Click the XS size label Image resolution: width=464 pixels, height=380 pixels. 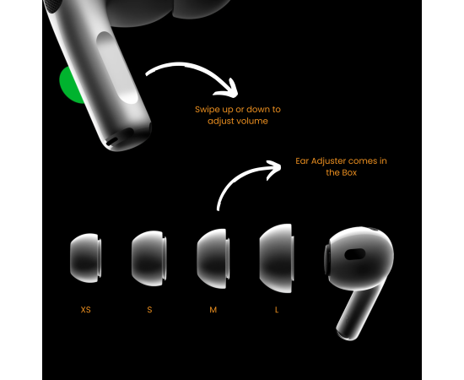click(x=85, y=310)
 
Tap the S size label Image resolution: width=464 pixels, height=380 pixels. click(x=149, y=310)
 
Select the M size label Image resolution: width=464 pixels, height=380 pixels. click(x=213, y=310)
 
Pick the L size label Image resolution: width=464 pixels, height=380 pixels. click(x=277, y=310)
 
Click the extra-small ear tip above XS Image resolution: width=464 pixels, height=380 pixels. click(x=85, y=258)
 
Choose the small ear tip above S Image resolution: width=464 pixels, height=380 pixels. click(x=148, y=258)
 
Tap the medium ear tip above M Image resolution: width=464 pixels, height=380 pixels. click(x=213, y=258)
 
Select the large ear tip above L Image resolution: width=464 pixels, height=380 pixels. click(x=277, y=258)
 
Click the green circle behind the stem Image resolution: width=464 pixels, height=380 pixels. click(x=68, y=86)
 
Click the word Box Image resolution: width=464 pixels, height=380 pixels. click(x=349, y=172)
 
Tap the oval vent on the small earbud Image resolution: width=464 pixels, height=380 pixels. click(x=355, y=254)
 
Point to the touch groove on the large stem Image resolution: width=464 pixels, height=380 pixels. click(x=118, y=68)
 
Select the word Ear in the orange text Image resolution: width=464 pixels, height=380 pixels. click(x=302, y=161)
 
